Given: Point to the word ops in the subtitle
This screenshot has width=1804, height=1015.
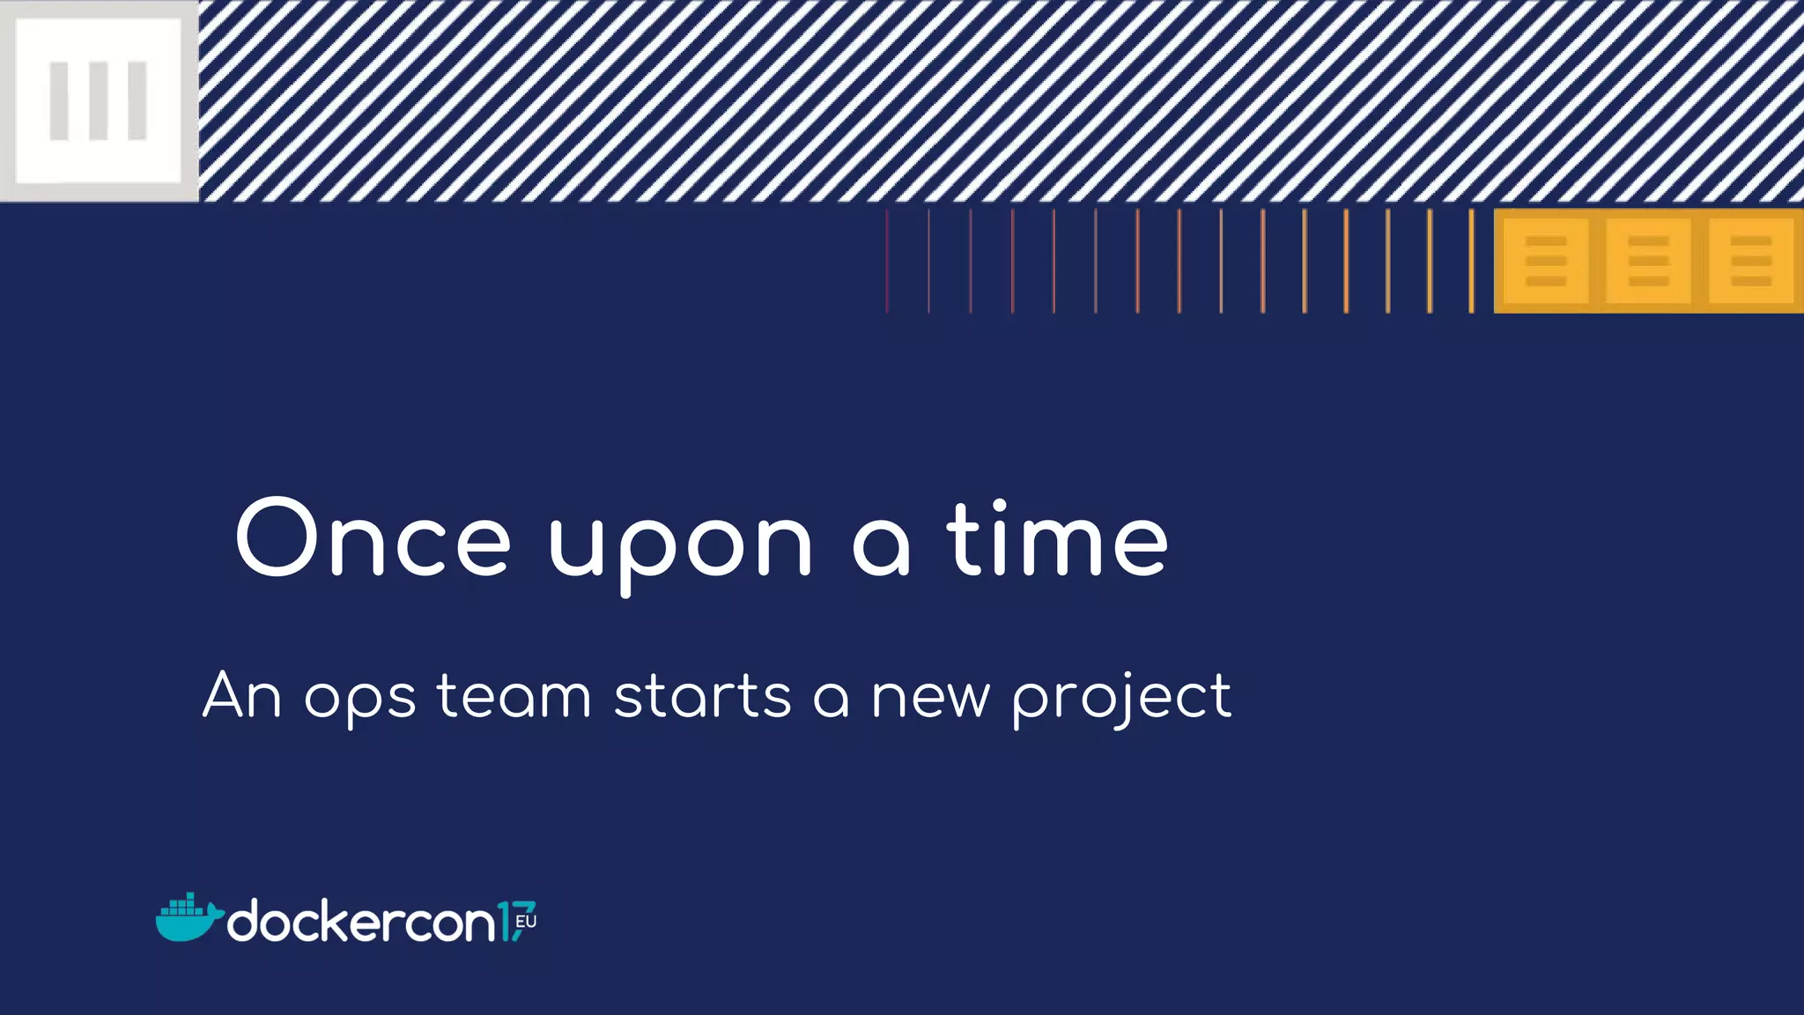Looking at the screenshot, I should pyautogui.click(x=359, y=700).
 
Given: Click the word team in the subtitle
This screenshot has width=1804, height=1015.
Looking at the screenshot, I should pyautogui.click(x=514, y=696).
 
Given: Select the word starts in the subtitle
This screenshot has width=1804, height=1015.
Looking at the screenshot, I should pyautogui.click(x=702, y=696).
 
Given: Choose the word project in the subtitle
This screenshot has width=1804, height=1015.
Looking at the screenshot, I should pyautogui.click(x=1121, y=700).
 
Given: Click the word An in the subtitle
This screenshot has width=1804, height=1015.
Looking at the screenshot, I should pyautogui.click(x=242, y=696).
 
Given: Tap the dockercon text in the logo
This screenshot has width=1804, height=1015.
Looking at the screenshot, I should pyautogui.click(x=361, y=922).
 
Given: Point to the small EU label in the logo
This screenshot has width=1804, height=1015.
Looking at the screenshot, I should pyautogui.click(x=526, y=922).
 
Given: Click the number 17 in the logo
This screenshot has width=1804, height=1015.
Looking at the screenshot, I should pyautogui.click(x=514, y=922).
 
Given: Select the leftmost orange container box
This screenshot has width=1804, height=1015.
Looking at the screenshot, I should pyautogui.click(x=1545, y=261).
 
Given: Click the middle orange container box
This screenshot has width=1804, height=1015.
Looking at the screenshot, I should pyautogui.click(x=1648, y=261).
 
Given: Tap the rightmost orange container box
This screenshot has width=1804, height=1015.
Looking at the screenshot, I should pyautogui.click(x=1750, y=261).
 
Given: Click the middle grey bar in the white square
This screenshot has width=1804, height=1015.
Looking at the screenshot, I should pyautogui.click(x=98, y=100).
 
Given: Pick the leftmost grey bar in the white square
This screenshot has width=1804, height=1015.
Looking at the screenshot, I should pyautogui.click(x=59, y=100).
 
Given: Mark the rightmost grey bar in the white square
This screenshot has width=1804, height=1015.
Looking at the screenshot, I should pyautogui.click(x=137, y=100).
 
